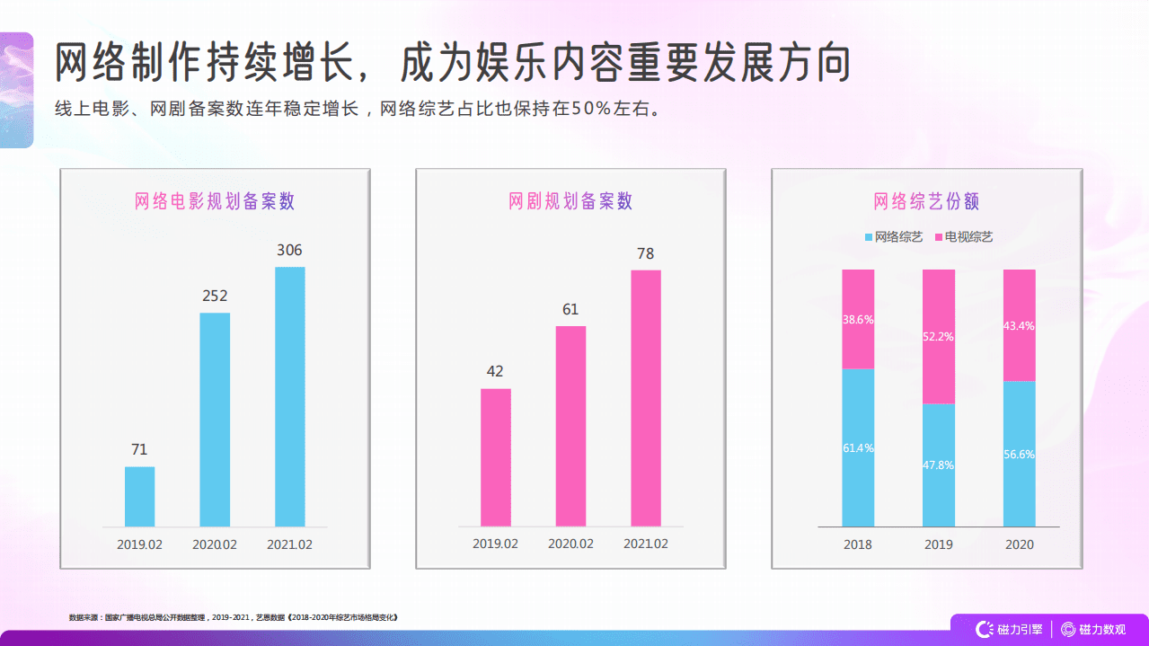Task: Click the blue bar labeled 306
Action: click(289, 396)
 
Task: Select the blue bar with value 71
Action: click(139, 496)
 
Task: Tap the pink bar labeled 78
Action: click(645, 398)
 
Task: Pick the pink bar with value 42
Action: click(495, 457)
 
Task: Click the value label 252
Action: click(215, 296)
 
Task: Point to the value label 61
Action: click(570, 310)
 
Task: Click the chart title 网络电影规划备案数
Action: click(215, 201)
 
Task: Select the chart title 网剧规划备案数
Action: click(570, 201)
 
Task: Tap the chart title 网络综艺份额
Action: click(926, 201)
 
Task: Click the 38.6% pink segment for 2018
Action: click(858, 319)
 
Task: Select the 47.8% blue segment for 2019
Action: click(939, 465)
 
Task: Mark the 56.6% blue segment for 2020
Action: click(1020, 454)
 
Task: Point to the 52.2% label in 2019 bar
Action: click(939, 337)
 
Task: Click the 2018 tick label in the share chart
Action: click(858, 544)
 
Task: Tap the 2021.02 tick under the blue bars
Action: click(290, 544)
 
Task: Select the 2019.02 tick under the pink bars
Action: click(495, 544)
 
